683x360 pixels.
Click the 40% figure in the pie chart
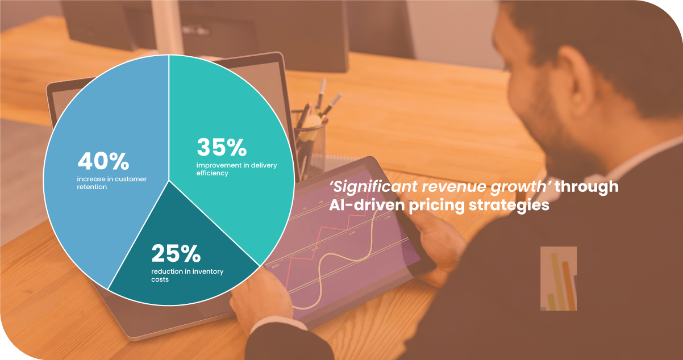(103, 161)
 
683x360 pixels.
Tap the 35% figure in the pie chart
(222, 147)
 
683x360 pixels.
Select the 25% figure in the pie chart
(176, 253)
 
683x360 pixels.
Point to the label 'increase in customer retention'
(111, 183)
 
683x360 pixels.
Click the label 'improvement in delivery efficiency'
(236, 169)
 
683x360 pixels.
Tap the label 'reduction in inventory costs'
(187, 275)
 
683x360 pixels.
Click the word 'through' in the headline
(586, 187)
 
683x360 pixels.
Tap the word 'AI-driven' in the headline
(367, 205)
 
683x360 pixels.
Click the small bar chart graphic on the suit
(559, 279)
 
